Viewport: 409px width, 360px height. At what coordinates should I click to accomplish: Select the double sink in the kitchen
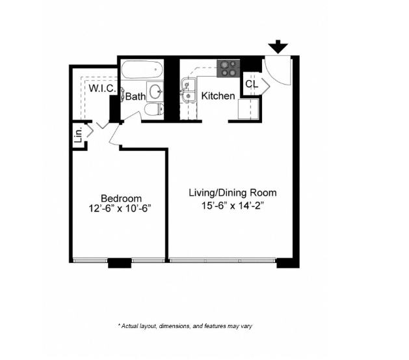click(189, 90)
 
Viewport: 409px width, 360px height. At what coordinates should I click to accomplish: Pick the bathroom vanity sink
click(155, 90)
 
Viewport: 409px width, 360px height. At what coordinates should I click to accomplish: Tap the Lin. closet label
click(79, 135)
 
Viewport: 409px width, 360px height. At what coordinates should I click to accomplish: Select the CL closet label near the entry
click(252, 84)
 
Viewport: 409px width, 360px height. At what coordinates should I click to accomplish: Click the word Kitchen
click(218, 96)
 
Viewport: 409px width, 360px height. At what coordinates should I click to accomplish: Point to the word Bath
click(135, 96)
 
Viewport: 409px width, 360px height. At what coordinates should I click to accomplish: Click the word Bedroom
click(121, 198)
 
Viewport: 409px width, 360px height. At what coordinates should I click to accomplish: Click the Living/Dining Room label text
click(232, 193)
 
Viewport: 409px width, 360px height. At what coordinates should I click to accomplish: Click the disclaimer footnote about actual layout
click(189, 325)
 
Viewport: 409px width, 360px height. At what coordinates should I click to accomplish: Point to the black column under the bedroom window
click(119, 263)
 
